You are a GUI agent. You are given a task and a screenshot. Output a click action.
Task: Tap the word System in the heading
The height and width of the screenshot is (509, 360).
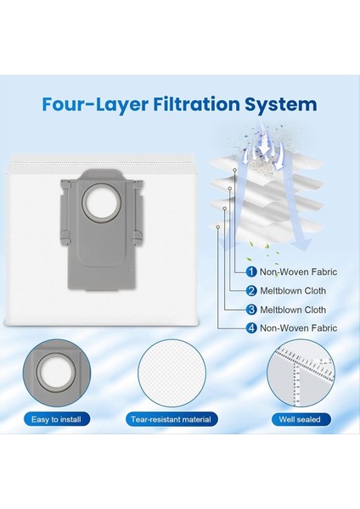(280, 105)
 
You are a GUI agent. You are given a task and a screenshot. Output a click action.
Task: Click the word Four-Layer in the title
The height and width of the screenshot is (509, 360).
(95, 104)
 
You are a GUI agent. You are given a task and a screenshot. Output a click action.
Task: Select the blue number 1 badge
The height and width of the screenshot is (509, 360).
(251, 271)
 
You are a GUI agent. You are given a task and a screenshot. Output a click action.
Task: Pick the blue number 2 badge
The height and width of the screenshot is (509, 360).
(251, 290)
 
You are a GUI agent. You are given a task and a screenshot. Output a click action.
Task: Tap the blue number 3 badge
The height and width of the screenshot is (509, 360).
(251, 310)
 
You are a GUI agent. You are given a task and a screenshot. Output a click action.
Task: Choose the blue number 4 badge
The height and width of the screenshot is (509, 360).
(251, 327)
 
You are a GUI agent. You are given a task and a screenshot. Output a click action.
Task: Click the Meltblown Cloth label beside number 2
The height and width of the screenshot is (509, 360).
(293, 290)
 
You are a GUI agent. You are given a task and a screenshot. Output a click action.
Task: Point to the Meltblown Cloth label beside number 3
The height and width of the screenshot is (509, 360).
(293, 310)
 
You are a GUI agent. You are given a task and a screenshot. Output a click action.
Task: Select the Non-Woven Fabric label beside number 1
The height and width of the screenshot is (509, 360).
(298, 271)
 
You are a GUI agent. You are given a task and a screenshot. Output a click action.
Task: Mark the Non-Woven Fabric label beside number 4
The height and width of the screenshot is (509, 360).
(298, 327)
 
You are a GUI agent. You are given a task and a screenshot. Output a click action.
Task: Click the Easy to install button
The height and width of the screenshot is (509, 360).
(56, 419)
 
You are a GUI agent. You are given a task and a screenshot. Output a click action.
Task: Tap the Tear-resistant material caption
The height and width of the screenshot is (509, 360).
(172, 419)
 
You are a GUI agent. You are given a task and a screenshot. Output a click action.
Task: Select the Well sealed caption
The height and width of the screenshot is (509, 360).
(300, 419)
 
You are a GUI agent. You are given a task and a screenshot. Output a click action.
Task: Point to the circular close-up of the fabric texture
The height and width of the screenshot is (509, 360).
(172, 373)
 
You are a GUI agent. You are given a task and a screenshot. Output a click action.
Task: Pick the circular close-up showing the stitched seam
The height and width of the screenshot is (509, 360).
(301, 373)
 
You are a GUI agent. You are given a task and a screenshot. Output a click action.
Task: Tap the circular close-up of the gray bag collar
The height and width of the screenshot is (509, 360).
(57, 373)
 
